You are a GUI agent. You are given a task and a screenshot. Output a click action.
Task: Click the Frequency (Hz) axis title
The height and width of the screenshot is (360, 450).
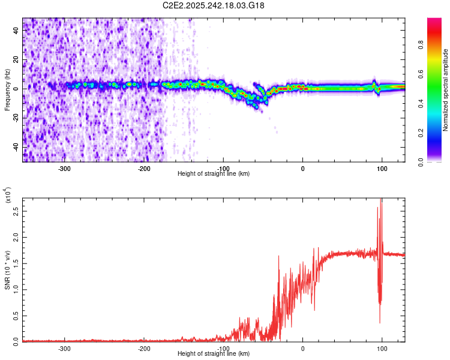7,90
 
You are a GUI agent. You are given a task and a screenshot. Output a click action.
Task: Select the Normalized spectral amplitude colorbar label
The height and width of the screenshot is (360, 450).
446,90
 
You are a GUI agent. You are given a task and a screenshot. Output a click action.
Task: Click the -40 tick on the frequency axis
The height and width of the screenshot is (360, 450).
14,147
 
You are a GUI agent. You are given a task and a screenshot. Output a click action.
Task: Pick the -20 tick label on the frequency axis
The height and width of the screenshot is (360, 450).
14,118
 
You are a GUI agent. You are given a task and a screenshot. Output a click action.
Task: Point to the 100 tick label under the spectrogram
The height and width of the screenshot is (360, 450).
382,169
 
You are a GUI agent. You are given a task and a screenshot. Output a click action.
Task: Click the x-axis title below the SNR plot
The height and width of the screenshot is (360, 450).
214,355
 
